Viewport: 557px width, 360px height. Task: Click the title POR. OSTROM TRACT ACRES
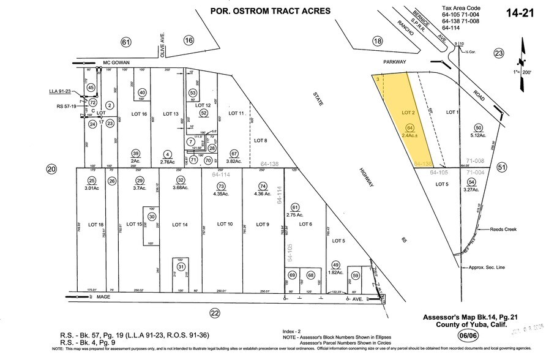(270, 11)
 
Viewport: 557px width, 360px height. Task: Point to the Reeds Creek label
(503, 230)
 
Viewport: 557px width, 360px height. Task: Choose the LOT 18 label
(92, 225)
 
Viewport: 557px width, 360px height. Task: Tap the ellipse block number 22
(214, 313)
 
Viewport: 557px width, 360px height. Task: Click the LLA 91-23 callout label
(61, 91)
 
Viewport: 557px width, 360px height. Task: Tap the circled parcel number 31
(181, 267)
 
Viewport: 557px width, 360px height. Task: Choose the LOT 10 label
(222, 225)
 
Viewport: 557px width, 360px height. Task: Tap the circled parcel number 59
(355, 275)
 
